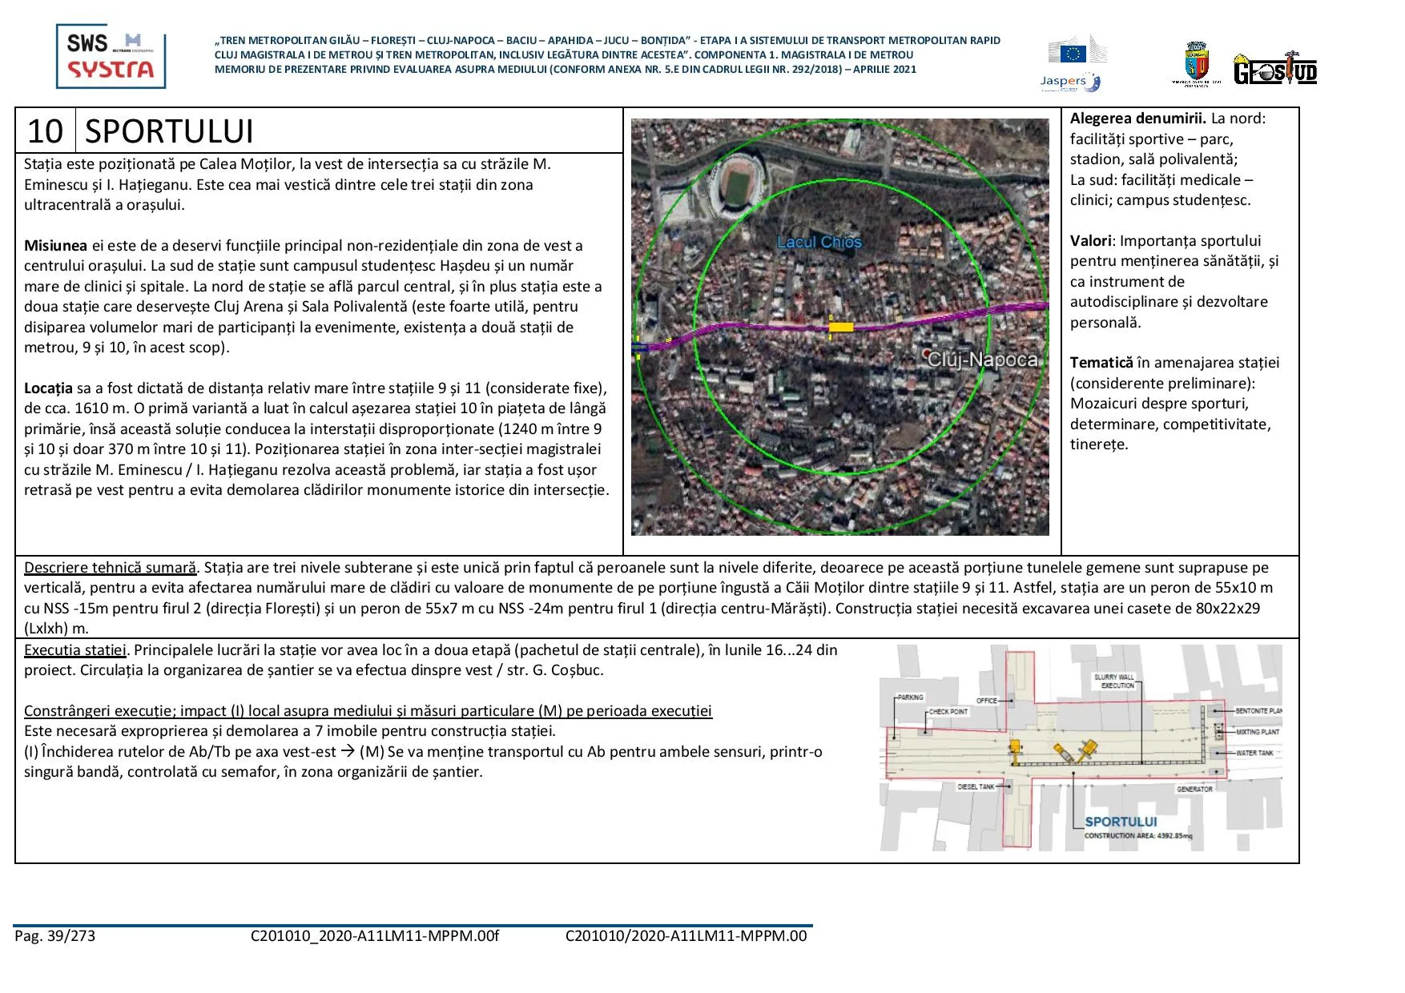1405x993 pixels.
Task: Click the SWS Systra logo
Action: click(x=111, y=56)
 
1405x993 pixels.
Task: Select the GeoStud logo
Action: click(x=1275, y=70)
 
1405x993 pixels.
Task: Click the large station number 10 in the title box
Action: click(x=45, y=131)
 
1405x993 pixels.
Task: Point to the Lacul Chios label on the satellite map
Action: click(x=819, y=242)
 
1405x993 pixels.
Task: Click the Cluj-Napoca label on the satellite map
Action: click(x=982, y=360)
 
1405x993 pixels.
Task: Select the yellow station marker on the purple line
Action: click(x=840, y=326)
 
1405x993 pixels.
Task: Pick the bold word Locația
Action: click(x=48, y=388)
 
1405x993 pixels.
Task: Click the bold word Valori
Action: click(x=1090, y=241)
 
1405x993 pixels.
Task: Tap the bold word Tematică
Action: click(x=1101, y=363)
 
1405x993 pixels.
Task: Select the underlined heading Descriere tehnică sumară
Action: click(x=110, y=568)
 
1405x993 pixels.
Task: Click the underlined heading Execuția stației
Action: click(x=75, y=650)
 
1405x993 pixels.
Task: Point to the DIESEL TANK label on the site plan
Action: click(x=976, y=786)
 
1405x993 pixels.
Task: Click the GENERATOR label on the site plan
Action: click(x=1194, y=789)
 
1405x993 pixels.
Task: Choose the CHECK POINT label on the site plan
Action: click(x=948, y=711)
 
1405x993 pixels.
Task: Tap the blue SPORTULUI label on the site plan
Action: click(x=1121, y=822)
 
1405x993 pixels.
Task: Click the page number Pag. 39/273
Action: click(x=54, y=936)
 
